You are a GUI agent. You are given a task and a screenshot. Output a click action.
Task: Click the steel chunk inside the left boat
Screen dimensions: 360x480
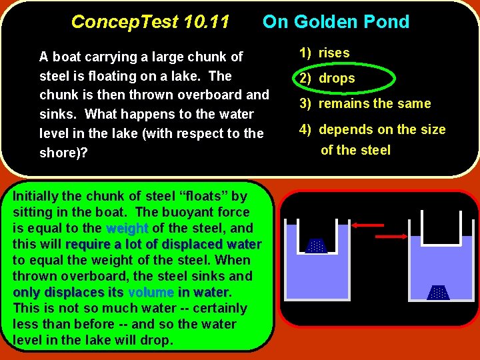316,245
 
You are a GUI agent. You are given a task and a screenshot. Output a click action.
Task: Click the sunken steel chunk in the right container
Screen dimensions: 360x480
438,293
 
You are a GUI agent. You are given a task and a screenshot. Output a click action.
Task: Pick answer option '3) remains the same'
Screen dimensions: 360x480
365,103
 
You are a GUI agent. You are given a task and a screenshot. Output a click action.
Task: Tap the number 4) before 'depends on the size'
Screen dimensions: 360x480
306,129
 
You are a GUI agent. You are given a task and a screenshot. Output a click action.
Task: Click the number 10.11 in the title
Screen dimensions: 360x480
203,22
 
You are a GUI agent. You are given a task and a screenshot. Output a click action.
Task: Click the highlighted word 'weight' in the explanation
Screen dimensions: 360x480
127,229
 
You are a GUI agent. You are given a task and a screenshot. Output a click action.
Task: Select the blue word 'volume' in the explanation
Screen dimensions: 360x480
151,293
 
